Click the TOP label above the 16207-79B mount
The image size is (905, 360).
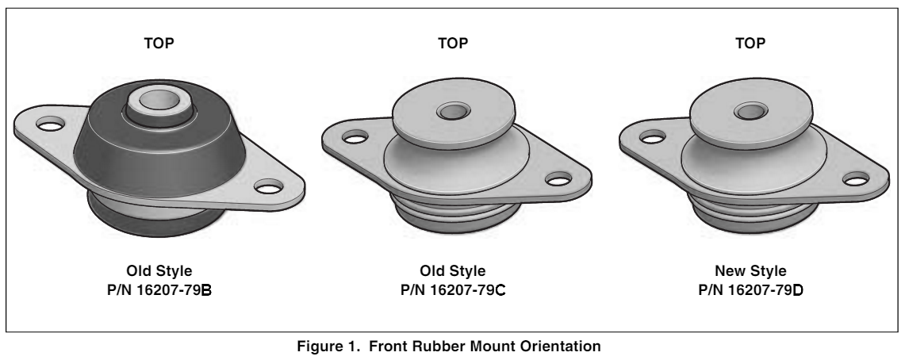coord(159,44)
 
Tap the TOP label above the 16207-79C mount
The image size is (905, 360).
coord(453,44)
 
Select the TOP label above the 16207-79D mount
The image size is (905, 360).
coord(750,44)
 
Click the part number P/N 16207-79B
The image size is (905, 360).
coord(159,290)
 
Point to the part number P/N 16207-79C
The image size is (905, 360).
coord(453,290)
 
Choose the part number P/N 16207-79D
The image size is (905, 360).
coord(750,290)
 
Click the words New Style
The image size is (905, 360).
coord(750,271)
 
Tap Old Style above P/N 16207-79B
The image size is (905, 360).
coord(159,271)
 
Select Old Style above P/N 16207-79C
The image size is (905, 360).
coord(453,271)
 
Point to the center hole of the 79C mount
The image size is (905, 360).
coord(453,111)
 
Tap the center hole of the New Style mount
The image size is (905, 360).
coord(750,111)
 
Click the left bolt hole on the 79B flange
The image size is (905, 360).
coord(50,124)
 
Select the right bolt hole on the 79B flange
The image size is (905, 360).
coord(269,187)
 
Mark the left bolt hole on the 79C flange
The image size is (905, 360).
coord(355,137)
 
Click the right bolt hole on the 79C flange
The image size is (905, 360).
coord(558,179)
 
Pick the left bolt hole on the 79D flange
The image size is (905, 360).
coord(652,137)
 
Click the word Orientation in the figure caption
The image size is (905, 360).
coord(562,347)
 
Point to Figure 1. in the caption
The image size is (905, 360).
coord(328,347)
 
